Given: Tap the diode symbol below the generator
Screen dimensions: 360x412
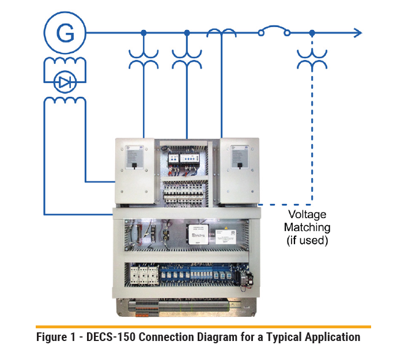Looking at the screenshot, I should point(65,83).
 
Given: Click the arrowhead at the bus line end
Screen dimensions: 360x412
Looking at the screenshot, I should point(357,33).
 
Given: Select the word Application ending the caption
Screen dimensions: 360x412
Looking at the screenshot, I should point(332,337).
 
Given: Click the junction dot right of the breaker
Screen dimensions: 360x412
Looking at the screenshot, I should point(312,33).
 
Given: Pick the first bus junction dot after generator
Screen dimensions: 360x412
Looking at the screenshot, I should point(143,33).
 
